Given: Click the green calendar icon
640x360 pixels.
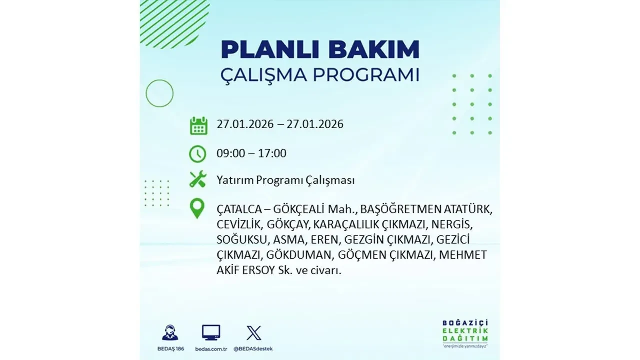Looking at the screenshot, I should pyautogui.click(x=198, y=125).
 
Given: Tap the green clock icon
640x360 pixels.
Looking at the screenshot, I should pyautogui.click(x=198, y=154).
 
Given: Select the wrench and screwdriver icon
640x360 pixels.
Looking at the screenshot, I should pyautogui.click(x=198, y=179).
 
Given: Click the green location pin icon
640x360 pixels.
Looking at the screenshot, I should pyautogui.click(x=198, y=208).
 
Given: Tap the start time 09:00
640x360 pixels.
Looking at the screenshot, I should pyautogui.click(x=231, y=153).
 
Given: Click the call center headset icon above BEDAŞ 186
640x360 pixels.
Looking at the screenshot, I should pyautogui.click(x=170, y=333).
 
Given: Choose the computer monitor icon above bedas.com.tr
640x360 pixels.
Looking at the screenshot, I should pyautogui.click(x=211, y=333).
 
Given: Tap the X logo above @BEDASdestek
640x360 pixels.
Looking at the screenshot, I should pyautogui.click(x=254, y=333).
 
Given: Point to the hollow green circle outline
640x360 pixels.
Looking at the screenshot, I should pyautogui.click(x=159, y=93).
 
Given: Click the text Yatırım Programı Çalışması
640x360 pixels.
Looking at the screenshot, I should pyautogui.click(x=285, y=180).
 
